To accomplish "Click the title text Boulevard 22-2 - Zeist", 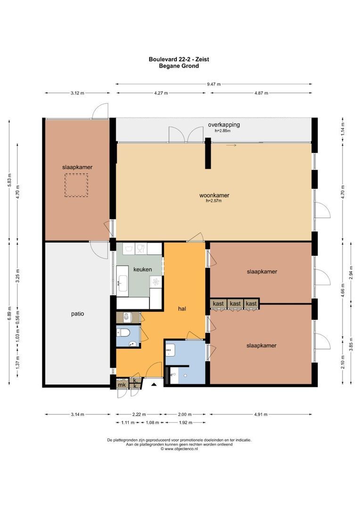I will coord(179,59).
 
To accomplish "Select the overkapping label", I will coord(224,125).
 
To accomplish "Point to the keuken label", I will coord(142,270).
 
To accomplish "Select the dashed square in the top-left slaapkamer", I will coord(76,185).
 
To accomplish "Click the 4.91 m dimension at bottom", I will coord(259,414).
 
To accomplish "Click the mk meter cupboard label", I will coord(122,385).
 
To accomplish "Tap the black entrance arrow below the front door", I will coord(154,385).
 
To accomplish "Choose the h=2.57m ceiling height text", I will coord(213,201).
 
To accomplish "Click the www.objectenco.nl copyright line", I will coord(179,449).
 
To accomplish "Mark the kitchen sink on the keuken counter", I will coord(122,283).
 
